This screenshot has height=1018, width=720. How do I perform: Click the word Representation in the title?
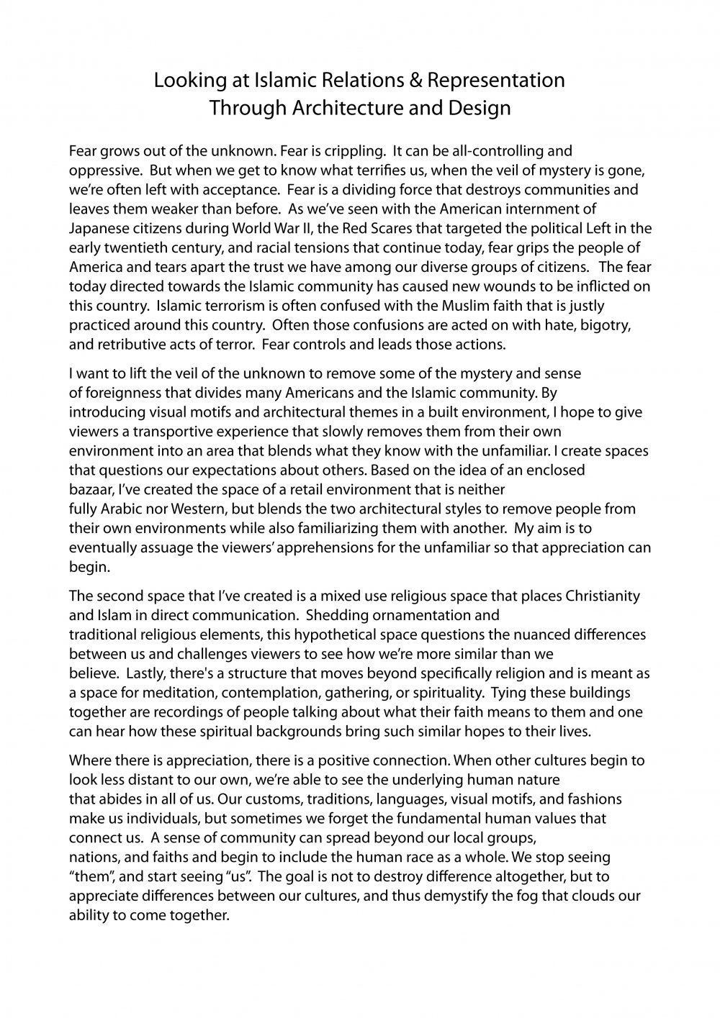[496, 81]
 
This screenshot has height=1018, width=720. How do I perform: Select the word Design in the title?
[482, 108]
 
